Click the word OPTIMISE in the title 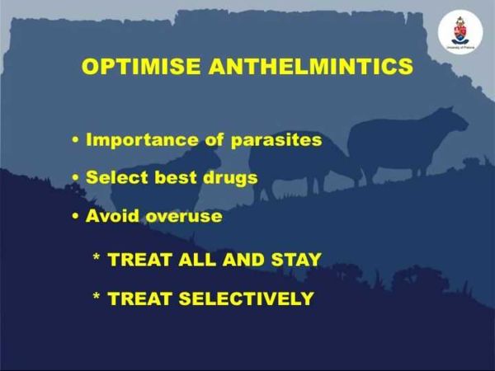click(141, 66)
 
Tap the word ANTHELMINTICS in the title click(311, 66)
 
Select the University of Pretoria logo click(460, 32)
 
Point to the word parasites click(276, 141)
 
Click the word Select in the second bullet click(117, 177)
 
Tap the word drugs click(230, 178)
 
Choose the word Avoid click(112, 216)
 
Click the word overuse click(184, 217)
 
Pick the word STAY click(296, 260)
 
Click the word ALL click(197, 260)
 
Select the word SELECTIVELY click(246, 298)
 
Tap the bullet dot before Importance click(75, 140)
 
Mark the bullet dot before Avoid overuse click(75, 216)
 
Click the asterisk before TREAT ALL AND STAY click(97, 256)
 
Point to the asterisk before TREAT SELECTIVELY click(97, 296)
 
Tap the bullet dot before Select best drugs click(75, 177)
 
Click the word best click(176, 177)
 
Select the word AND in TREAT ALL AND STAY click(243, 260)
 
